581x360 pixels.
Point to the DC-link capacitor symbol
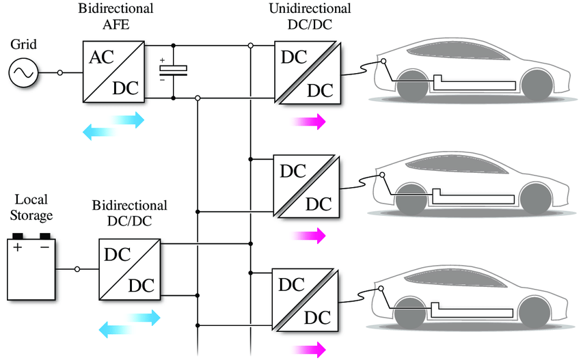tap(173, 70)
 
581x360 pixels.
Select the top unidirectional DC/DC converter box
tap(305, 72)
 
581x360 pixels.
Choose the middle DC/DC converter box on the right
tap(305, 186)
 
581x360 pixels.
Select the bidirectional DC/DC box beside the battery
tap(129, 269)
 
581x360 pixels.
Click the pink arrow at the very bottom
tap(308, 350)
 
